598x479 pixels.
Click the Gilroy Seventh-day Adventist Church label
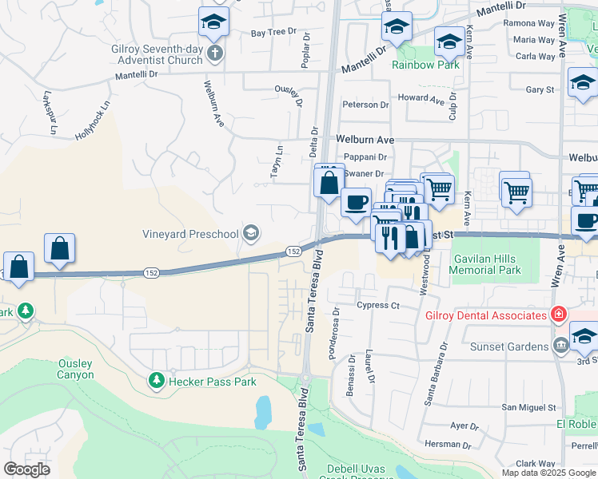[157, 53]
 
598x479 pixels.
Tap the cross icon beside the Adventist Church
[213, 53]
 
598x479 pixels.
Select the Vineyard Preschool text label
[190, 234]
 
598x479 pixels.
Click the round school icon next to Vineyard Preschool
[250, 233]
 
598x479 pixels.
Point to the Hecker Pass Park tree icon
[157, 381]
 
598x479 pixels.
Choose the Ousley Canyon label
[75, 369]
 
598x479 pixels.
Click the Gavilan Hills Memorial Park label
[487, 264]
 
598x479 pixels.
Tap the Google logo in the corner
[26, 469]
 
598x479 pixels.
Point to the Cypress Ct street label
[378, 305]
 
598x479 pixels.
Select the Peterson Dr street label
[365, 105]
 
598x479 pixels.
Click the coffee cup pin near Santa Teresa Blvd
[356, 201]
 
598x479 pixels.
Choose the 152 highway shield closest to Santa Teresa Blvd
[293, 251]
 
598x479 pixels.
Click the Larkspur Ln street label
[50, 117]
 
